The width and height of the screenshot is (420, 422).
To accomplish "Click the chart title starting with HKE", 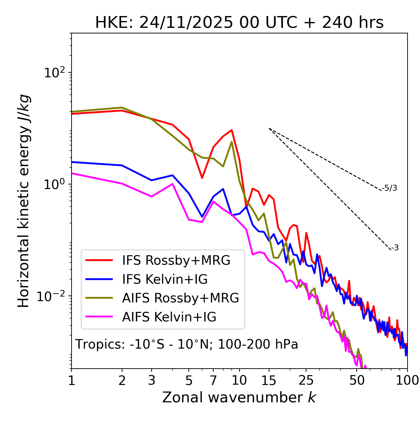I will point(239,23).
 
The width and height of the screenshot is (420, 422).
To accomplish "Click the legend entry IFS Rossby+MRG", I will point(176,260).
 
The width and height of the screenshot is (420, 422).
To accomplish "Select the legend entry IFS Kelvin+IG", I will point(165,279).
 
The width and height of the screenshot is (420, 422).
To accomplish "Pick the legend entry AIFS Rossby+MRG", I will point(180,298).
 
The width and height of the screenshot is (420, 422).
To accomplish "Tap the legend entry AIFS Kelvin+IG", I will point(169,317).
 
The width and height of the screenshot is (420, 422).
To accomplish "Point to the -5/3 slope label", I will point(389,188).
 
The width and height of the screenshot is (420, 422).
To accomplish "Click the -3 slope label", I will point(395,248).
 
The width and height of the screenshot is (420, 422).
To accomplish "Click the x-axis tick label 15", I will point(269,380).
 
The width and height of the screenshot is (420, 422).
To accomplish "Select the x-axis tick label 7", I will point(213,380).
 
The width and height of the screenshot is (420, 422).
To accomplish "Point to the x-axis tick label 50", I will point(357,380).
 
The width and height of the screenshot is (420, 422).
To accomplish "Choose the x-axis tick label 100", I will point(407,380).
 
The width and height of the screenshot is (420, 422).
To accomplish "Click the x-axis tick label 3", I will point(151,380).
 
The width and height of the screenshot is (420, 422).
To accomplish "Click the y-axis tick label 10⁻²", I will point(52,296).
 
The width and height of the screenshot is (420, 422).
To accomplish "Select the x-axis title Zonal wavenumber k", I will point(239,397).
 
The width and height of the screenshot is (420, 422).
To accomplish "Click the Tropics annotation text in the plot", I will point(187,344).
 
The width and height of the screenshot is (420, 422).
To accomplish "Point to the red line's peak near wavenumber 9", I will point(232,130).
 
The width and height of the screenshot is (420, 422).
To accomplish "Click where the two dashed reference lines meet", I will point(269,128).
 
